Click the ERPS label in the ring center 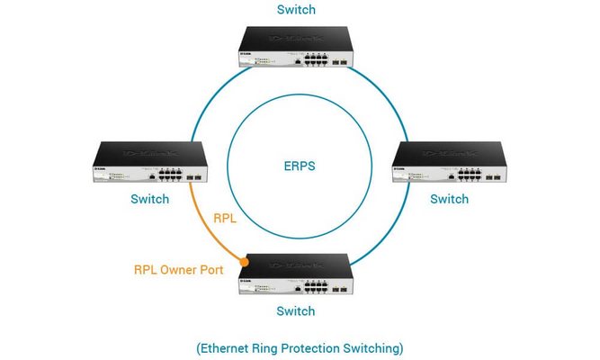coord(300,166)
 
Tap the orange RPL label coord(226,218)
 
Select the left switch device coord(149,161)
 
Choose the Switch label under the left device coord(149,198)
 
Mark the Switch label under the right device coord(450,198)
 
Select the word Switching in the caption coord(374,346)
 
